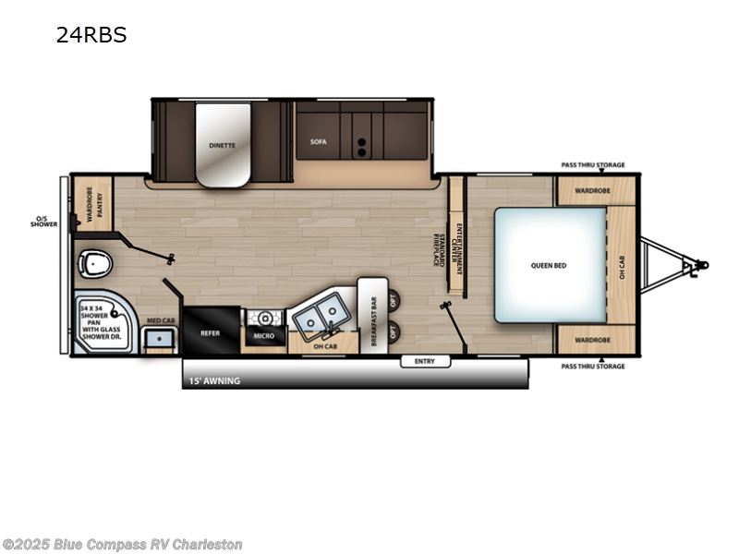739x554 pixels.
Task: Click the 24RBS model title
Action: [91, 36]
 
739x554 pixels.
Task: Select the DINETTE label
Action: [222, 145]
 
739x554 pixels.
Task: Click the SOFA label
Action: [319, 142]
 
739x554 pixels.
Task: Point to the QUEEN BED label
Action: [548, 265]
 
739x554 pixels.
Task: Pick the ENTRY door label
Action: [425, 361]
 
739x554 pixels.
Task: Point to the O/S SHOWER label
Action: [43, 222]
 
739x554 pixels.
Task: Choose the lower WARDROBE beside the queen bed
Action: [593, 339]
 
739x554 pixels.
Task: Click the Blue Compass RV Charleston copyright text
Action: [122, 544]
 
